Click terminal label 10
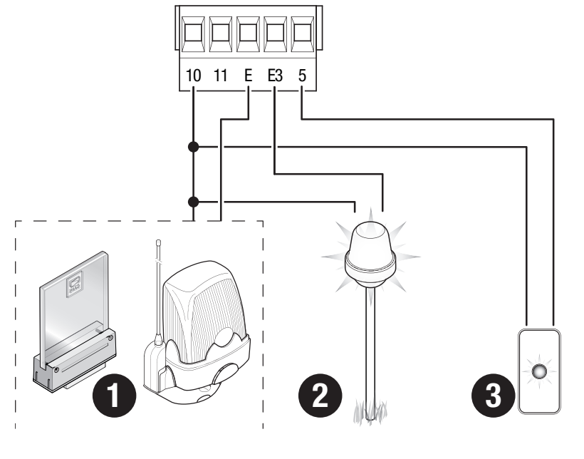[x=193, y=76]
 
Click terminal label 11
[x=221, y=76]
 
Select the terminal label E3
[x=275, y=76]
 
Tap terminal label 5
[x=302, y=76]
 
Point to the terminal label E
[x=248, y=76]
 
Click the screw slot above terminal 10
[x=193, y=34]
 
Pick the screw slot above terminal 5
[x=303, y=34]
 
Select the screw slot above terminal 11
[x=221, y=34]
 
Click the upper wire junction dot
[x=193, y=147]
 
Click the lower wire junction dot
[x=193, y=202]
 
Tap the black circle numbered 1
[x=114, y=396]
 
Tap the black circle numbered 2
[x=320, y=396]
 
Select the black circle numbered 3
[x=493, y=396]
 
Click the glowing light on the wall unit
[x=539, y=371]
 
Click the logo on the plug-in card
[x=75, y=284]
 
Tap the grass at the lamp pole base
[x=370, y=411]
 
